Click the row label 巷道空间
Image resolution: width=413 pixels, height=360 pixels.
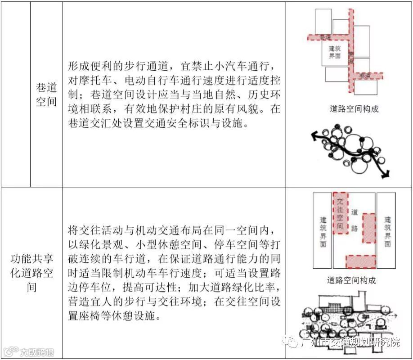47,94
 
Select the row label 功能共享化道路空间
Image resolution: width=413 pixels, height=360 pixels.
32,273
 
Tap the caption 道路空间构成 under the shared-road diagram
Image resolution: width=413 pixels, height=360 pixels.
351,280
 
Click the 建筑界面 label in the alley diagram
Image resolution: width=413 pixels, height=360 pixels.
335,53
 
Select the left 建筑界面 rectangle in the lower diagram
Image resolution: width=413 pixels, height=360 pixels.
323,230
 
